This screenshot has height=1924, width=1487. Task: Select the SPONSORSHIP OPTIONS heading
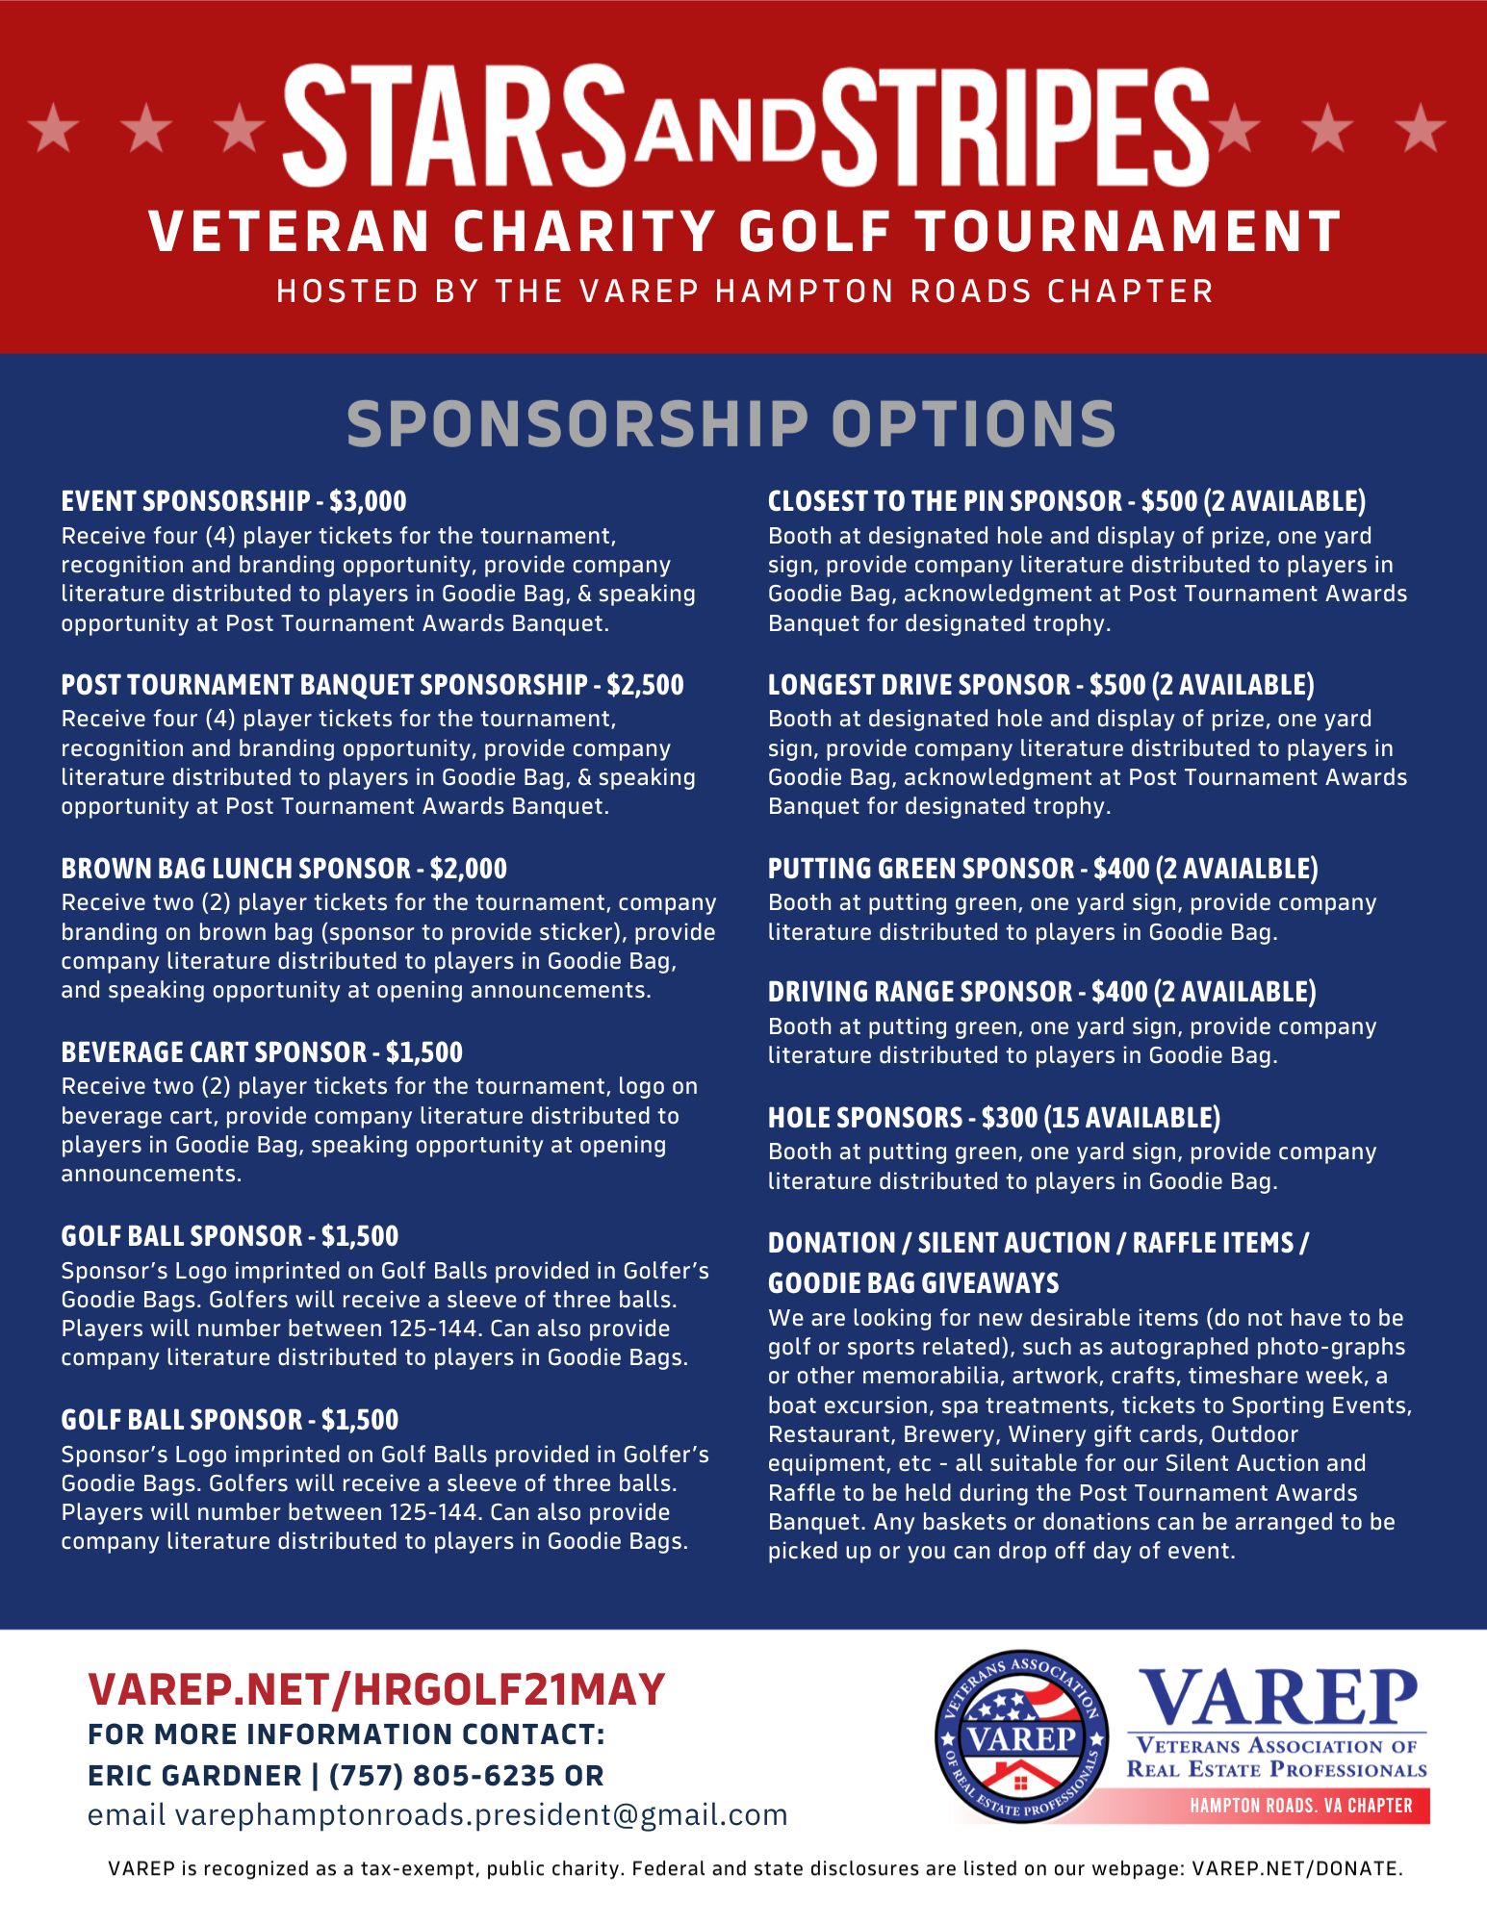coord(731,423)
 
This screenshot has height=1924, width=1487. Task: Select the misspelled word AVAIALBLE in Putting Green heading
coord(1245,869)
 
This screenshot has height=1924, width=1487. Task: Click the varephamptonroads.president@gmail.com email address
coord(480,1815)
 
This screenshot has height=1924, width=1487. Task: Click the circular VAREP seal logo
coord(1021,1737)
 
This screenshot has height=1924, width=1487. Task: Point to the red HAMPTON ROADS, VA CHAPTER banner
coord(1300,1806)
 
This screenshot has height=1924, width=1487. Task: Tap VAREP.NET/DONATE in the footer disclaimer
coord(1296,1869)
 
